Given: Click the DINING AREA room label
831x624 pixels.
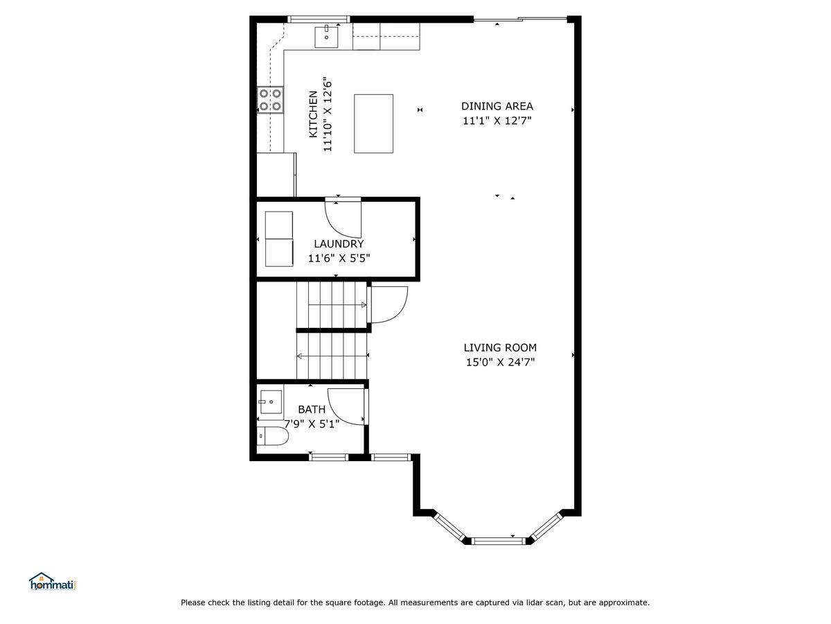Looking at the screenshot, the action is [x=497, y=106].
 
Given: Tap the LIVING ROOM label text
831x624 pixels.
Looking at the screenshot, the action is [x=500, y=347].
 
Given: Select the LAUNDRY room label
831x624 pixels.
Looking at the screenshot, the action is [x=339, y=243].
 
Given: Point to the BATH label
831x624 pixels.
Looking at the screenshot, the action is [x=311, y=409].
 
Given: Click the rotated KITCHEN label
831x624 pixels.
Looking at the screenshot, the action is [x=313, y=114].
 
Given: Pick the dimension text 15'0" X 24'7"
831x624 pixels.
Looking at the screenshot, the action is [x=500, y=362].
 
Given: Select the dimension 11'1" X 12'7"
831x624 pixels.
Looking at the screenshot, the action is [x=497, y=121].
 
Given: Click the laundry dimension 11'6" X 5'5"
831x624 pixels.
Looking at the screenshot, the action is [x=339, y=259].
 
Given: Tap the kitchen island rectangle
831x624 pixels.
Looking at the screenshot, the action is [x=373, y=123].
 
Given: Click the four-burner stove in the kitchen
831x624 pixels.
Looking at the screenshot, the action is [x=270, y=100].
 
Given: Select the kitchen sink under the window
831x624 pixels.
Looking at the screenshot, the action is [x=326, y=37].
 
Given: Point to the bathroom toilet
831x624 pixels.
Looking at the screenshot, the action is [x=273, y=435].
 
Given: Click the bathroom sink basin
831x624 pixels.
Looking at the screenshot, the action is [x=271, y=402].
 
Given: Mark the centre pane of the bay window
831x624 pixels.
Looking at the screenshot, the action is [x=498, y=541].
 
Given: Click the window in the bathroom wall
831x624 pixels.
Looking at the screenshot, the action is [x=328, y=458].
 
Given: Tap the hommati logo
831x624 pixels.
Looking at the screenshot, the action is [x=53, y=581].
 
